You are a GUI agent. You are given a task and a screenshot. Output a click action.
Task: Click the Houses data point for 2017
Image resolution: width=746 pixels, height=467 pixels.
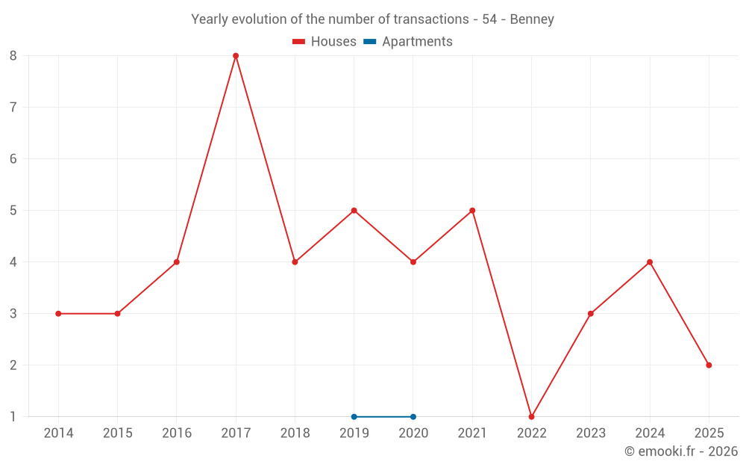pyautogui.click(x=236, y=56)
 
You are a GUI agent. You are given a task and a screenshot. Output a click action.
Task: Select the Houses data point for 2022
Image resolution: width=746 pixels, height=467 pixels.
pyautogui.click(x=531, y=417)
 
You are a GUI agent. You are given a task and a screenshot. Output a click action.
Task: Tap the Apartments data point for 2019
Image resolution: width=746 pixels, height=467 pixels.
pyautogui.click(x=354, y=417)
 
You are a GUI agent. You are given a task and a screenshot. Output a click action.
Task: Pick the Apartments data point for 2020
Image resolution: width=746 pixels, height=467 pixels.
pyautogui.click(x=413, y=417)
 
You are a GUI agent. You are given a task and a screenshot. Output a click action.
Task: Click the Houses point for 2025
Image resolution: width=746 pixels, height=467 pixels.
pyautogui.click(x=709, y=365)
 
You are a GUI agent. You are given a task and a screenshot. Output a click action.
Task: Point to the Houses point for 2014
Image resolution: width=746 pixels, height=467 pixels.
pyautogui.click(x=58, y=314)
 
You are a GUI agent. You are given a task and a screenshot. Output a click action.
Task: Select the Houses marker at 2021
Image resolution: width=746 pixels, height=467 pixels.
pyautogui.click(x=472, y=211)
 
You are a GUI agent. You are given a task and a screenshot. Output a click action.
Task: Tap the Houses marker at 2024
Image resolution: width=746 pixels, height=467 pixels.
pyautogui.click(x=650, y=262)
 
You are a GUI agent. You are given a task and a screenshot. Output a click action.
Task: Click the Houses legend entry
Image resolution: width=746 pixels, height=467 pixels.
pyautogui.click(x=325, y=42)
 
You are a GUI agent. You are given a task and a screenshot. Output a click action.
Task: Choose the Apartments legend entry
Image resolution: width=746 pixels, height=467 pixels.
pyautogui.click(x=408, y=42)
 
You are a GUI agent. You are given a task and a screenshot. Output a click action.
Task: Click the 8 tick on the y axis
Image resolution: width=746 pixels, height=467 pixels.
pyautogui.click(x=13, y=56)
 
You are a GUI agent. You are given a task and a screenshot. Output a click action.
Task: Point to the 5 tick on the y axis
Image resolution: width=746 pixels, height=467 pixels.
pyautogui.click(x=13, y=211)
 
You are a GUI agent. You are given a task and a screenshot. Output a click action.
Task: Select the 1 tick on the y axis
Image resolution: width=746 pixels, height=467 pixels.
pyautogui.click(x=13, y=417)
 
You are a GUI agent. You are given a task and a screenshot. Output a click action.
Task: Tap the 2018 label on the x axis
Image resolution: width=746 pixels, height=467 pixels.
pyautogui.click(x=295, y=433)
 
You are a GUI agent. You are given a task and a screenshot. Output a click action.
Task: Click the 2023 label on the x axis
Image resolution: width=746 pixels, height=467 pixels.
pyautogui.click(x=591, y=433)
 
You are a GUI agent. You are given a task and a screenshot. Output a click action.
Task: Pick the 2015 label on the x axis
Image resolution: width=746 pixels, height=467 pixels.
pyautogui.click(x=117, y=433)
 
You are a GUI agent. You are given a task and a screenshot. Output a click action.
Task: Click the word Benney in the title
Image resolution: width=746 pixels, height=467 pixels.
pyautogui.click(x=532, y=19)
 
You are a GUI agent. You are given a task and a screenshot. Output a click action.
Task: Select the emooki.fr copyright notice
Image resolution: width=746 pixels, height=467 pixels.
pyautogui.click(x=680, y=451)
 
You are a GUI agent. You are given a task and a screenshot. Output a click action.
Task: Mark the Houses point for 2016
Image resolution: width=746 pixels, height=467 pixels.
pyautogui.click(x=177, y=262)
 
